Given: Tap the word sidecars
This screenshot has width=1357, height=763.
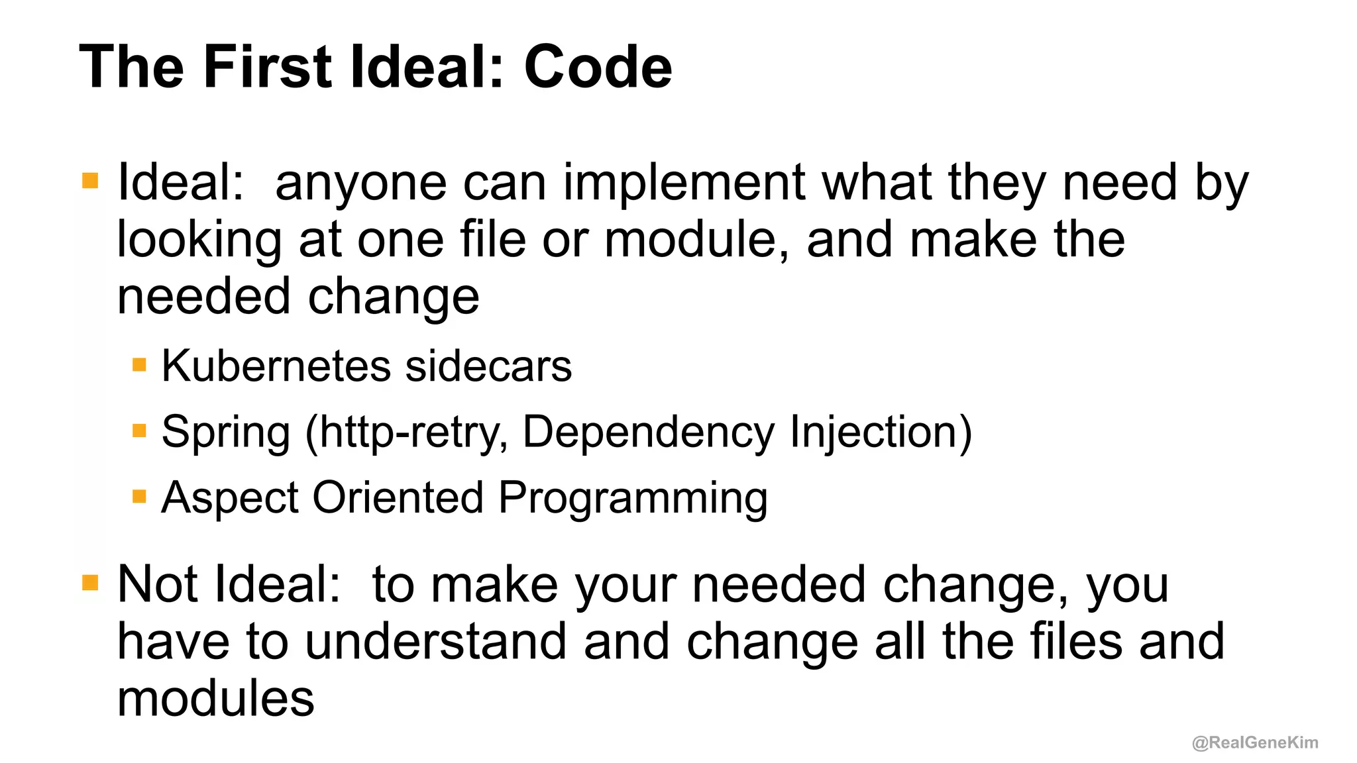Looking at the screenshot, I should tap(488, 366).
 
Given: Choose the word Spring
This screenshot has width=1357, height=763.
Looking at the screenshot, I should tap(226, 432).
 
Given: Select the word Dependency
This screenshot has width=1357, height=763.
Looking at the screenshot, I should tap(649, 432).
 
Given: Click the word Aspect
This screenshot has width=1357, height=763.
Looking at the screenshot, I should tap(230, 497).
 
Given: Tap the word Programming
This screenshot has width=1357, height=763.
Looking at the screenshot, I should tap(633, 497).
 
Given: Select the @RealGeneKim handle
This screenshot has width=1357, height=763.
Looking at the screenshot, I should tap(1254, 742).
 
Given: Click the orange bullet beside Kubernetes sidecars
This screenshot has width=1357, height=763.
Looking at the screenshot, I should tap(139, 365).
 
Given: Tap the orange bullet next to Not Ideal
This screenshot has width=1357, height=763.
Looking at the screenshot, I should tap(90, 583).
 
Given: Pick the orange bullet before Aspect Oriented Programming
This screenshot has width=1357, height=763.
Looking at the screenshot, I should tap(139, 497).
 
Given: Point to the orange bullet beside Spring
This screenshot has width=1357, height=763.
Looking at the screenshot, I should tap(139, 431).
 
